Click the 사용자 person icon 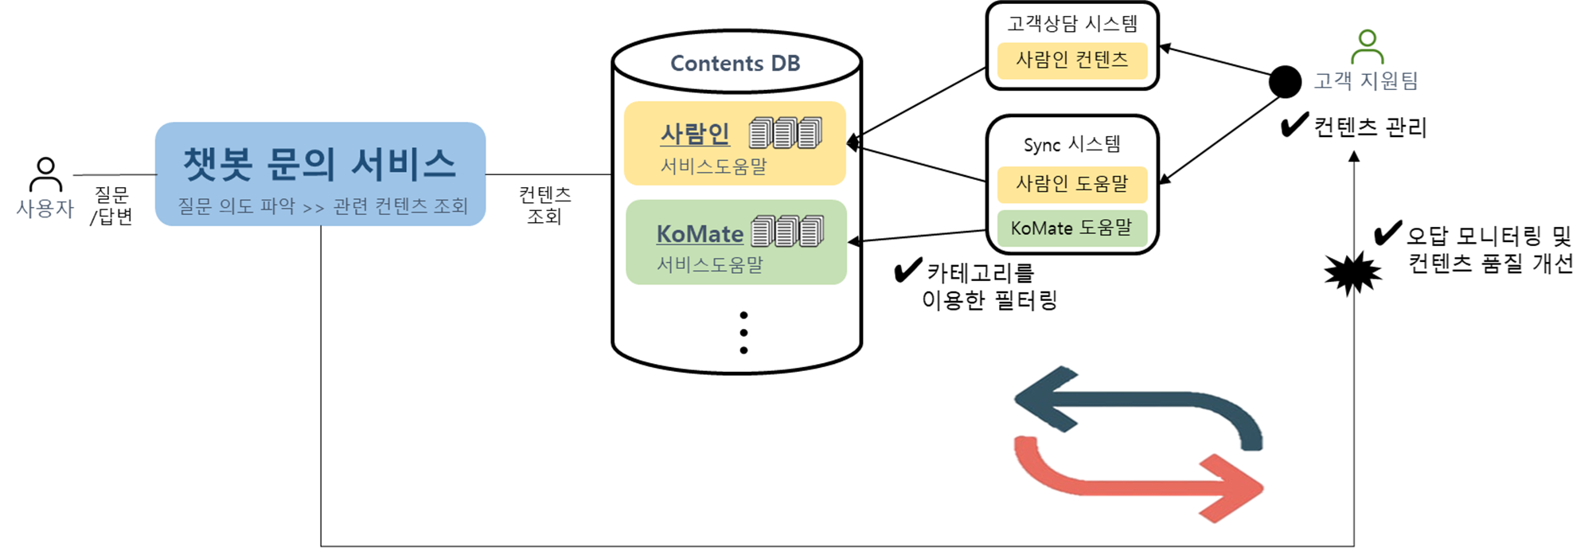tap(45, 174)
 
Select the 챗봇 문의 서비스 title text tap(320, 164)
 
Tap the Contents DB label tap(735, 63)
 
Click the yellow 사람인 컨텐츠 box tap(1071, 61)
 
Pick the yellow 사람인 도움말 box tap(1072, 185)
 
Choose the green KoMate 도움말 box tap(1072, 229)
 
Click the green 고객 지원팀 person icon tap(1367, 47)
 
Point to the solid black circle tap(1285, 81)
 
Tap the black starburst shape tap(1352, 273)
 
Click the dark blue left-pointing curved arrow tap(1138, 402)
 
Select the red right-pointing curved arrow tap(1138, 478)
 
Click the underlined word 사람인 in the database tap(695, 134)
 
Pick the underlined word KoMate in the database tap(700, 234)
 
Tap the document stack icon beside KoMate tap(788, 231)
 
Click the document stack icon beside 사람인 tap(786, 133)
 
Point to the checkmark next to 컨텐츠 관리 tap(1294, 124)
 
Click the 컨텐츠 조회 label tap(544, 205)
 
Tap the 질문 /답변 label tap(111, 205)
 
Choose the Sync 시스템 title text tap(1071, 144)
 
